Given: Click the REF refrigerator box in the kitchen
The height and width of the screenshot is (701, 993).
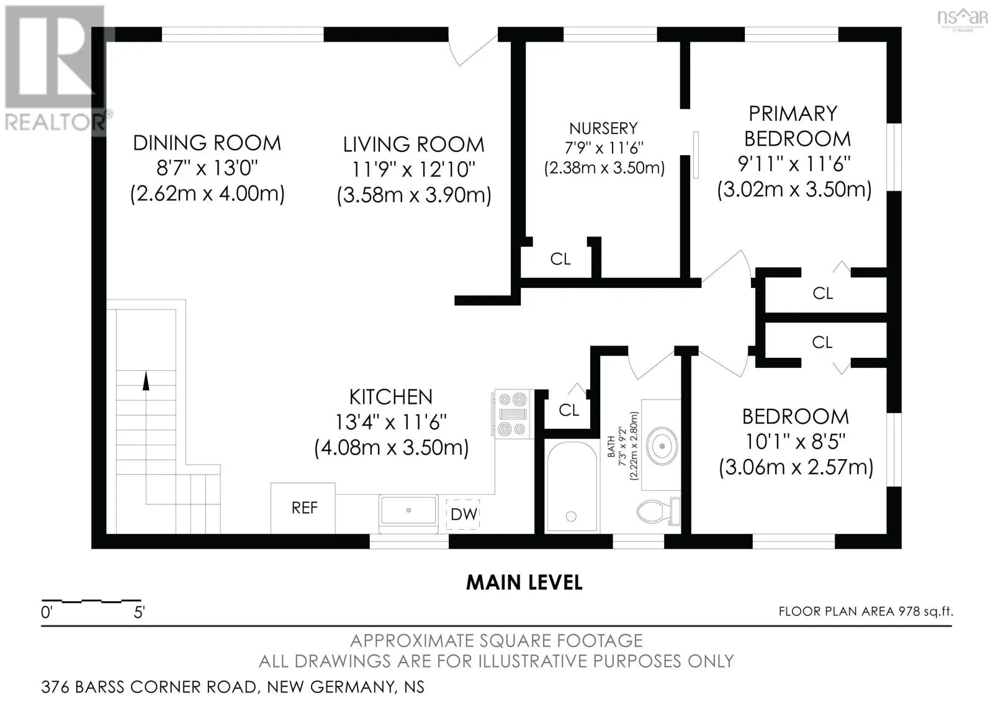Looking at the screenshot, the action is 303,508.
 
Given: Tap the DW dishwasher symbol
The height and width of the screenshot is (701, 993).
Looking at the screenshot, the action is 463,514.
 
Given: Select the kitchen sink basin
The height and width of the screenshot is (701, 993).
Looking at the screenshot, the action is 408,511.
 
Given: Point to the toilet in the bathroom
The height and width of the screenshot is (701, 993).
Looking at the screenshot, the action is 658,511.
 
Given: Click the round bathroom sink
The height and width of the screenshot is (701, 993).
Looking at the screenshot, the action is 662,445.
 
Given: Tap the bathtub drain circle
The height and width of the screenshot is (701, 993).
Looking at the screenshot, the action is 571,516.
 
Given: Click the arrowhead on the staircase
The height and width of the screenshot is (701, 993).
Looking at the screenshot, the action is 146,381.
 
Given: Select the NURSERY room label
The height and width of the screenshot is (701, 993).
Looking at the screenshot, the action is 603,128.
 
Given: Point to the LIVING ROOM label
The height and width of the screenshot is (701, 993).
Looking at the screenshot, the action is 413,145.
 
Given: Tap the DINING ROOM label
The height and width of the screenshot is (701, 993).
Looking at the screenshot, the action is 207,143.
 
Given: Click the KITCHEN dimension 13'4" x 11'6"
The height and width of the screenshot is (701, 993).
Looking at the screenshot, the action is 390,422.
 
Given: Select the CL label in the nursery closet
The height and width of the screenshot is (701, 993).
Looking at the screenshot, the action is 560,259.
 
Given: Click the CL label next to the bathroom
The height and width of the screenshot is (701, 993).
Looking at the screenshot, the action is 568,410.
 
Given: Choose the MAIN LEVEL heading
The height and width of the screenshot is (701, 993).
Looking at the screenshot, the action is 524,583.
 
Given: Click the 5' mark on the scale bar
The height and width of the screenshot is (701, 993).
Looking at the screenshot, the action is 139,612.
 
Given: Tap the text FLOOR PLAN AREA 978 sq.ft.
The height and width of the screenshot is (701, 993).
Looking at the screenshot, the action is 866,612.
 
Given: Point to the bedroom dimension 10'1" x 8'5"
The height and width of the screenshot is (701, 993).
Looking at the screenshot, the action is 795,442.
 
